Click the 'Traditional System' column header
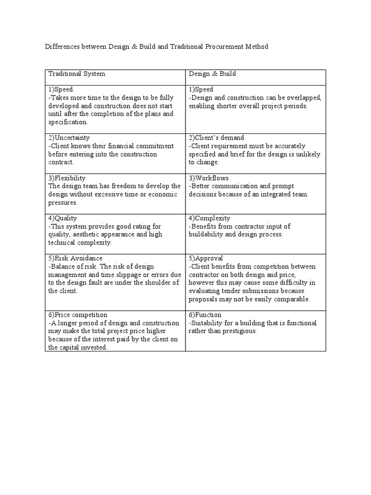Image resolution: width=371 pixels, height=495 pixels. click(x=76, y=74)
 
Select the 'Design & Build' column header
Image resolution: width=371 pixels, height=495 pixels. click(x=212, y=74)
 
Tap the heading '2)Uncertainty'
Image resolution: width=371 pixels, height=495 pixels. click(x=69, y=138)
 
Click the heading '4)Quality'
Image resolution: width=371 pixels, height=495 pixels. click(x=63, y=218)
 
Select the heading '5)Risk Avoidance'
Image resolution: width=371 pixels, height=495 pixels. click(x=75, y=258)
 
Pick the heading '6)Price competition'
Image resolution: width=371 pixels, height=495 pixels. click(x=78, y=315)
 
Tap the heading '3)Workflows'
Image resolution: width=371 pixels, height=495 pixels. click(x=208, y=178)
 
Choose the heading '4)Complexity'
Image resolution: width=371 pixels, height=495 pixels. click(x=209, y=218)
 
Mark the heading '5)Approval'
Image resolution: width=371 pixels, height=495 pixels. click(x=206, y=258)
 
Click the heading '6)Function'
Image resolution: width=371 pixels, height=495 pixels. click(x=205, y=315)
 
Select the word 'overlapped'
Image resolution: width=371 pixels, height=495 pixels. click(x=304, y=98)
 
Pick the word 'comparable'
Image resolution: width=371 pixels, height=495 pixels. click(x=291, y=299)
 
